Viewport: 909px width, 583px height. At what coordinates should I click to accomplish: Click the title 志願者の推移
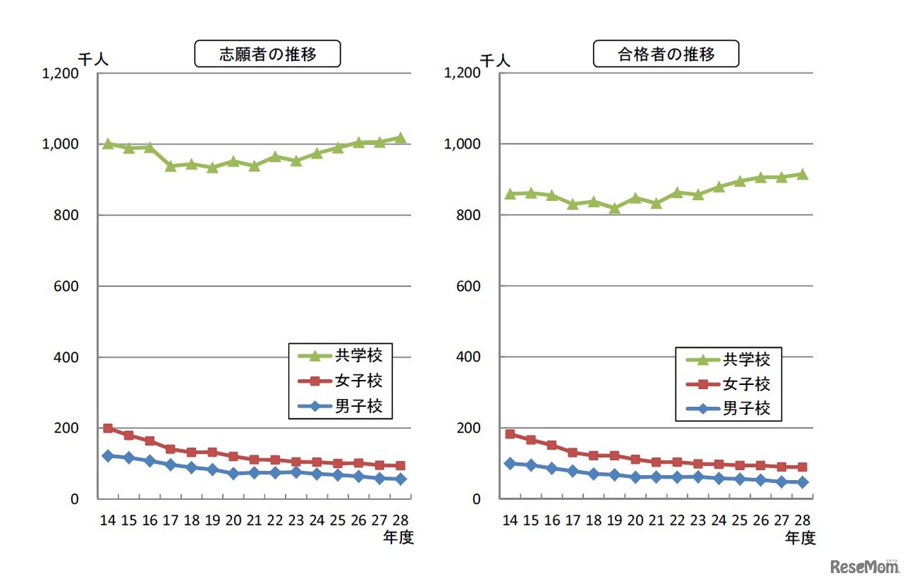(x=267, y=55)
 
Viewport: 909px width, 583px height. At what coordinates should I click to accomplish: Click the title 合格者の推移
(x=666, y=55)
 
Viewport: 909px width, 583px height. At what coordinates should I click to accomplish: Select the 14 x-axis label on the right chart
(x=509, y=520)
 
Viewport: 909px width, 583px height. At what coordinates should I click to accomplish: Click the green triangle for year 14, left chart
(x=108, y=143)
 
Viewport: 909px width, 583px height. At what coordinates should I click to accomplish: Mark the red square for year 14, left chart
(x=108, y=428)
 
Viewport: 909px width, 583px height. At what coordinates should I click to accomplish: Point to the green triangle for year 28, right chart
(x=802, y=174)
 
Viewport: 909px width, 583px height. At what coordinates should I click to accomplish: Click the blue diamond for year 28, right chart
(x=802, y=482)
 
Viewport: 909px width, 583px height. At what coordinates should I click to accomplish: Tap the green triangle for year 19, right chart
(x=614, y=208)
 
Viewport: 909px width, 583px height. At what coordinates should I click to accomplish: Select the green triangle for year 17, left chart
(x=170, y=165)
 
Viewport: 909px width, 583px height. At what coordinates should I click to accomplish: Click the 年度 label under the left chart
(x=397, y=538)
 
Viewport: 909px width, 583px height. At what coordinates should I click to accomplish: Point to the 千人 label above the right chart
(x=495, y=60)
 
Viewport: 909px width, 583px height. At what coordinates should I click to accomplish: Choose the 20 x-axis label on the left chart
(x=233, y=520)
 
